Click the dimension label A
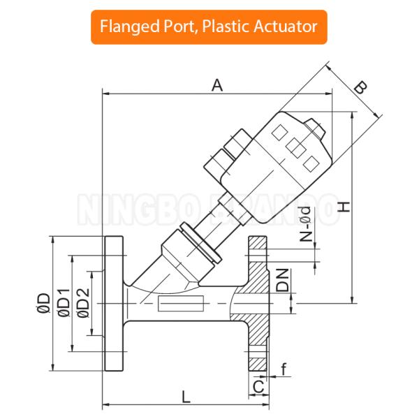217,85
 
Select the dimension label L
185,397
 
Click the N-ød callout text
305,223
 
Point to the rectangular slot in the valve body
180,304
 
